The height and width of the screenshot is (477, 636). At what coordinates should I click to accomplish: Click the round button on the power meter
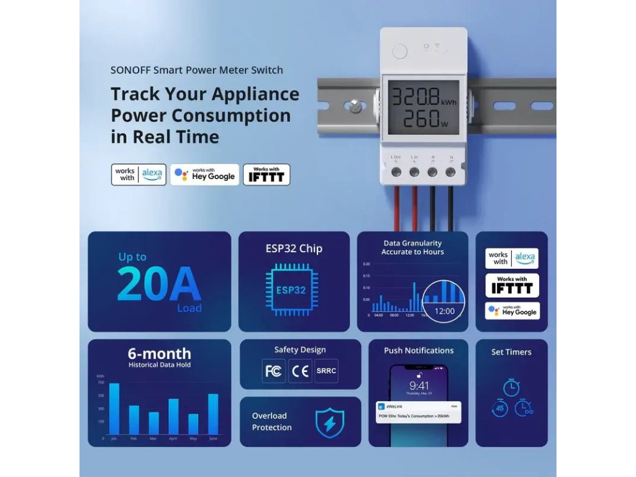pos(401,51)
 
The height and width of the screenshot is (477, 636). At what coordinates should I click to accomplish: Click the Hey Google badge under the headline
pos(205,175)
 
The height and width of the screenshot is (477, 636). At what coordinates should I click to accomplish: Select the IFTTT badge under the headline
pos(266,175)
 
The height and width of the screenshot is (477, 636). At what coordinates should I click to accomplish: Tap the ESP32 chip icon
pos(291,289)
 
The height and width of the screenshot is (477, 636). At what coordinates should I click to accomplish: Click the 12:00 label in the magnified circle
pos(444,311)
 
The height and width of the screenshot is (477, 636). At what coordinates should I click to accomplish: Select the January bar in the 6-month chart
pos(114,409)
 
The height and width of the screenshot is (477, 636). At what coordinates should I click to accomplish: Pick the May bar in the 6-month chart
pos(193,424)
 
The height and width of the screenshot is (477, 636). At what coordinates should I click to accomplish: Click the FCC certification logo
pos(273,371)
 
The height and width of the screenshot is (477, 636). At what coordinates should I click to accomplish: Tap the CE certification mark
pos(300,371)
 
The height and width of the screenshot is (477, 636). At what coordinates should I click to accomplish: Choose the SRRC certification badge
pos(326,371)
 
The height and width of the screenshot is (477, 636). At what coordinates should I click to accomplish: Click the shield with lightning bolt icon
pos(329,422)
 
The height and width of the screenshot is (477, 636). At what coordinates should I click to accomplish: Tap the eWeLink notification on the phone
pos(419,411)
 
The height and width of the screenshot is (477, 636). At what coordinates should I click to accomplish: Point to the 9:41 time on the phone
pos(419,386)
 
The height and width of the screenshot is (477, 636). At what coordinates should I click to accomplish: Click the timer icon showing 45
pos(499,409)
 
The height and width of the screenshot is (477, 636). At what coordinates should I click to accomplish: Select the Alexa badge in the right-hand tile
pos(512,258)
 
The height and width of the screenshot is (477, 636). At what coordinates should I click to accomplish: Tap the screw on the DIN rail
pos(355,105)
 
